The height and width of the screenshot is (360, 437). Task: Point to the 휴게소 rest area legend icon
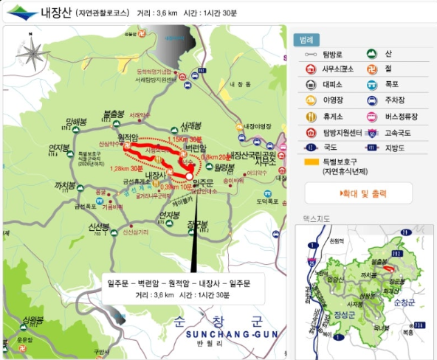(310, 117)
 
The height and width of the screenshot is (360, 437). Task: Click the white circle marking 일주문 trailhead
(190, 177)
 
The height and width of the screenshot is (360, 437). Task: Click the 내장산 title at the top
(56, 13)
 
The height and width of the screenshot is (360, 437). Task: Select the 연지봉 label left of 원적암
(58, 148)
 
